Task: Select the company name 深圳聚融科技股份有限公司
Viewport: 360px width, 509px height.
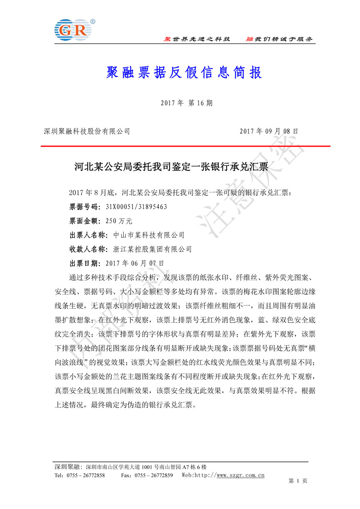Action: coord(87,131)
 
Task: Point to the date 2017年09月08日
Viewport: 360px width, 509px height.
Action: coord(269,131)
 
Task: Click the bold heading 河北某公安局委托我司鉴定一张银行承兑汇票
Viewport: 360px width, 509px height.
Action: coord(170,167)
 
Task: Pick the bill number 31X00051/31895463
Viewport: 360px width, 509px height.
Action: coord(136,207)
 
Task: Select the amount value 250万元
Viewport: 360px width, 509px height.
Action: coord(119,221)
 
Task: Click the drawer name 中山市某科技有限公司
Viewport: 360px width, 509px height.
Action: coord(149,235)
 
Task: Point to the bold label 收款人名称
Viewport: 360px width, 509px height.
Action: coord(88,249)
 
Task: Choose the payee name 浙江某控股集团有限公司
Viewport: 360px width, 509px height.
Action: coord(152,249)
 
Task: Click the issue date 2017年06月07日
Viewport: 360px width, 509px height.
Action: coord(135,263)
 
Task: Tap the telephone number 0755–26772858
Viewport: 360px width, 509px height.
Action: coord(88,475)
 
